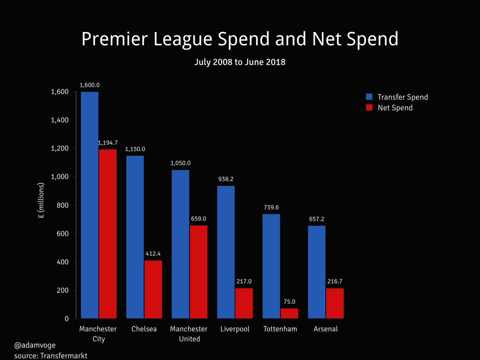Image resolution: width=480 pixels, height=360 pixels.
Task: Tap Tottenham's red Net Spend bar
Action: click(289, 313)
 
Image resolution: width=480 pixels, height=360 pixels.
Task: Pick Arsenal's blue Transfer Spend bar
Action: click(316, 272)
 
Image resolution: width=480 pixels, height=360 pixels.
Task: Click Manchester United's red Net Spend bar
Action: click(199, 272)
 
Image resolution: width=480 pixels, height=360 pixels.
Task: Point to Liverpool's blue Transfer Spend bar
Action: click(226, 252)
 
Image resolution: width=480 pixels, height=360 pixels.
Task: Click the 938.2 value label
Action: click(226, 179)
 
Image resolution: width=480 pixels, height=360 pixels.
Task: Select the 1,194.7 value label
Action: click(108, 143)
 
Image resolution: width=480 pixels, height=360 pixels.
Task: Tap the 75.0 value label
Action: click(290, 302)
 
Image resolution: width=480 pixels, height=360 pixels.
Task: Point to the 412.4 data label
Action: click(153, 254)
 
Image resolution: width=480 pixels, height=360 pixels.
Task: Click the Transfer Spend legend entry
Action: click(402, 97)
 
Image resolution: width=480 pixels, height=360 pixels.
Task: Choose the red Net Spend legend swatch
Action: click(370, 108)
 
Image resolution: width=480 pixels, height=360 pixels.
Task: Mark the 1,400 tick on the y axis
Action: click(60, 120)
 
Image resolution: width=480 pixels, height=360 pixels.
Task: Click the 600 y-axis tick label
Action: click(63, 234)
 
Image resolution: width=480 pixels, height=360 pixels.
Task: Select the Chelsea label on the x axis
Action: click(144, 329)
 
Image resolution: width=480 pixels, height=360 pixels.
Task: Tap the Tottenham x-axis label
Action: click(280, 329)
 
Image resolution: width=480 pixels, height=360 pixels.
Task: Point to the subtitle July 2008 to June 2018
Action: click(240, 62)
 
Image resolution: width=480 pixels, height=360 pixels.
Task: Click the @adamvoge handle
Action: click(35, 344)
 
